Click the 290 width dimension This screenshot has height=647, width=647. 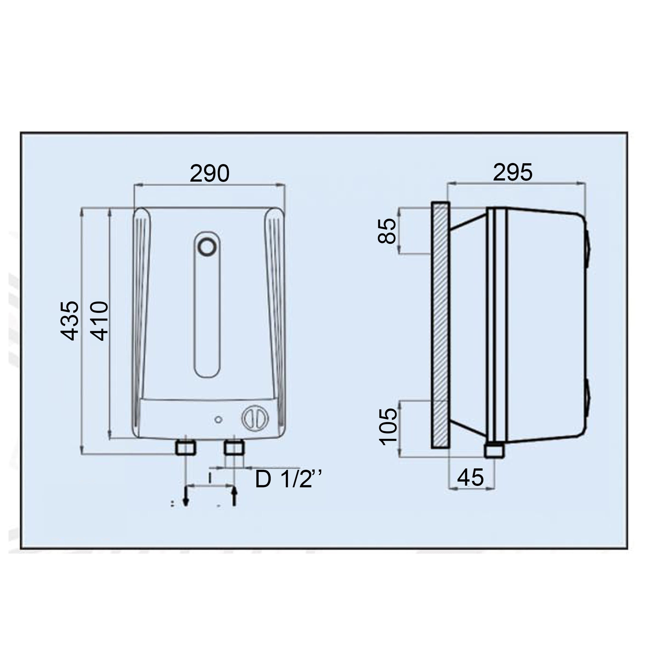point(209,173)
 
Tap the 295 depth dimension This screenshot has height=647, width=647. point(513,173)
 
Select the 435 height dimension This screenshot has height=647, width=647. point(70,320)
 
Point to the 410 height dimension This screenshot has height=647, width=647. point(99,320)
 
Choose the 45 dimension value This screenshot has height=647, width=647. point(471,477)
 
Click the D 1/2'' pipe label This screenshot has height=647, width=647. point(288,479)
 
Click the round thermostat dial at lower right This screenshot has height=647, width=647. point(255,418)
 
